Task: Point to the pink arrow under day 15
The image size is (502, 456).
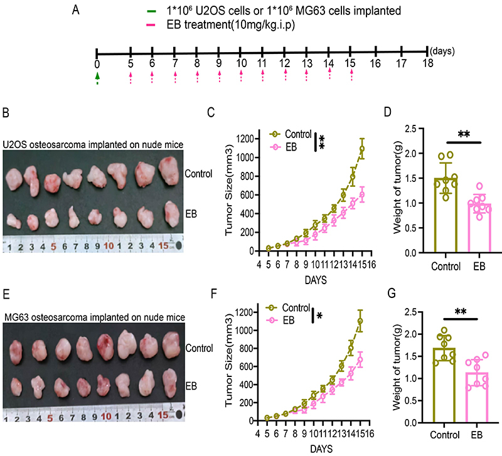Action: click(x=351, y=76)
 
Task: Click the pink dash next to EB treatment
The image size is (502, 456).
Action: click(x=152, y=26)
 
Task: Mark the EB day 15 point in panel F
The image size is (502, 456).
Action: click(x=361, y=360)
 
